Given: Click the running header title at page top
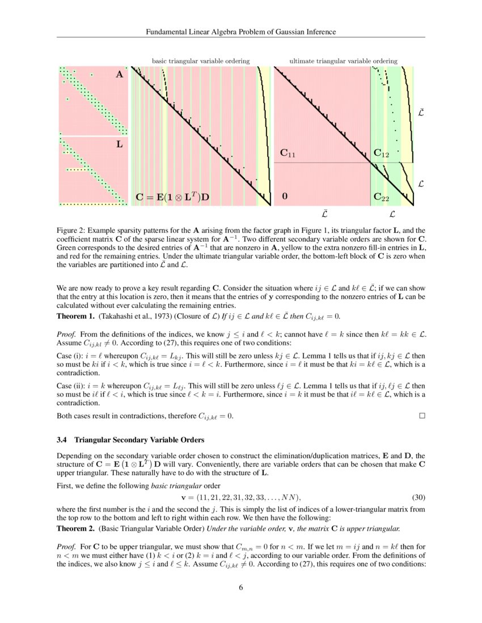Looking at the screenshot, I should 241,32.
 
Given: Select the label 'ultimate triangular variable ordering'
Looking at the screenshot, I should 343,61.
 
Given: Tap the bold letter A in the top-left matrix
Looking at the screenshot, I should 119,74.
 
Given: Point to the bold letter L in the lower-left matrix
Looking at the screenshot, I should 119,144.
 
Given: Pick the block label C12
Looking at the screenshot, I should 381,153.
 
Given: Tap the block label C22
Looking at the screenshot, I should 381,197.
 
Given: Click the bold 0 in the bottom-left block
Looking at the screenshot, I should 285,197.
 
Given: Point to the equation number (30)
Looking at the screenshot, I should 418,497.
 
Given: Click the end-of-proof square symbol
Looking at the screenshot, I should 421,416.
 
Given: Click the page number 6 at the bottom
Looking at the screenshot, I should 241,587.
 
